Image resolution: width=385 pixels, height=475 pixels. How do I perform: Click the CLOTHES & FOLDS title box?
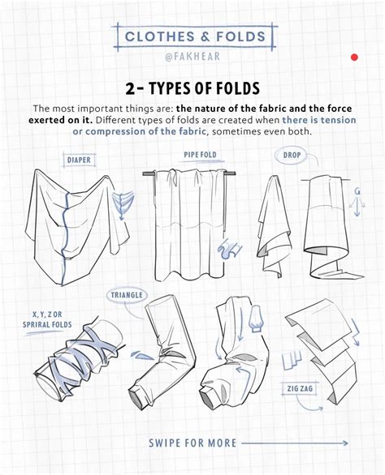coord(192,36)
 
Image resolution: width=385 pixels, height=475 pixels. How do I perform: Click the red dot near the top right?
coord(354,58)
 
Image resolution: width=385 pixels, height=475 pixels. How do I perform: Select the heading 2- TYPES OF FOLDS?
coord(192,87)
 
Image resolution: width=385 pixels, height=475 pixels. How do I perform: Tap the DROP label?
coord(292,154)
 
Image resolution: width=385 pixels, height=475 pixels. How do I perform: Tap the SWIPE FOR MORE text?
coord(192,443)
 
